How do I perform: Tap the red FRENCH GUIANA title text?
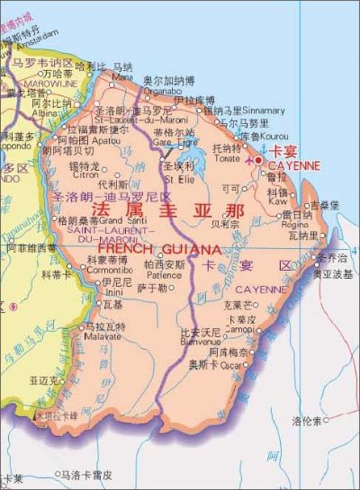158,247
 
